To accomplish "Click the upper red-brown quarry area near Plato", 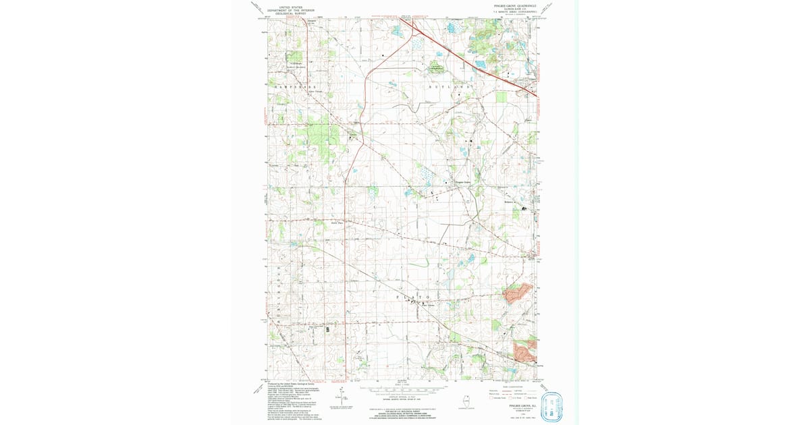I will pyautogui.click(x=518, y=291).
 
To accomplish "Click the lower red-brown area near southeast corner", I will pyautogui.click(x=524, y=351).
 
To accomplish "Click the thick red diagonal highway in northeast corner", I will pyautogui.click(x=473, y=61).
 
